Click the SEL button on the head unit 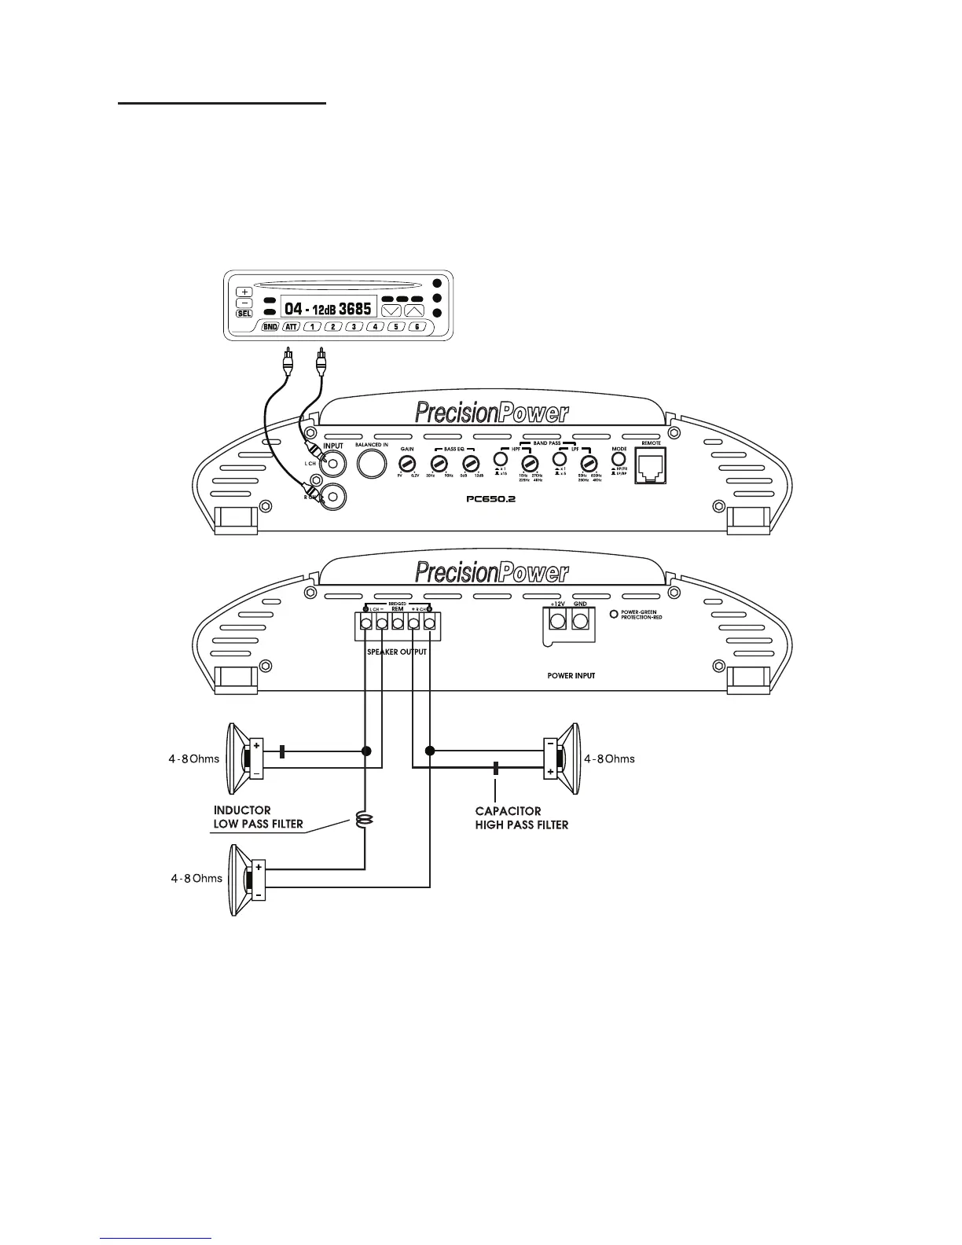point(244,314)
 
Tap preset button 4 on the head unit point(376,326)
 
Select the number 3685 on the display point(354,309)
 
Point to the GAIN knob point(407,463)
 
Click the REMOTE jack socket point(651,465)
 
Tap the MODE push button point(619,458)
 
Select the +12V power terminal point(557,622)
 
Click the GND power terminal point(581,622)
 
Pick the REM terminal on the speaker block point(398,623)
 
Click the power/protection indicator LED point(614,613)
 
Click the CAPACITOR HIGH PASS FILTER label point(521,818)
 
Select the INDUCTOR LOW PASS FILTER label point(258,817)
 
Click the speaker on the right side point(562,758)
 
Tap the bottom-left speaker point(248,879)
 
